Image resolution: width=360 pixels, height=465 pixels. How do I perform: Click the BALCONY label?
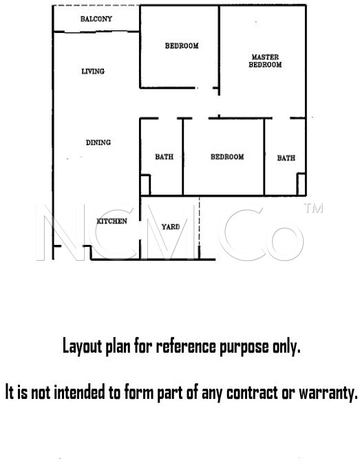(x=96, y=19)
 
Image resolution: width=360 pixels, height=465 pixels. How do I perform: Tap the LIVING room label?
(x=93, y=71)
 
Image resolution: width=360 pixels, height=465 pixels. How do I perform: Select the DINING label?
(x=98, y=142)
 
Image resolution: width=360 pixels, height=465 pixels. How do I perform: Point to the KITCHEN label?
(x=112, y=221)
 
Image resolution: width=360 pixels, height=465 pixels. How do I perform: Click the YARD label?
(x=171, y=227)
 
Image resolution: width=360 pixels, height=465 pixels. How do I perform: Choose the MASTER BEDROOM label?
(x=265, y=61)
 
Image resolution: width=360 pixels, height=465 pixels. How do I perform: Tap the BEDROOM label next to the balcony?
(x=182, y=45)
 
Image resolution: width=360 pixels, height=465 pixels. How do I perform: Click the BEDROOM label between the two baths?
(x=227, y=157)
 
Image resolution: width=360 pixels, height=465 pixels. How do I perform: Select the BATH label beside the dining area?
(x=164, y=157)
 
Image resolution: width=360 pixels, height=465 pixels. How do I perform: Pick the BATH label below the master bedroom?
(x=286, y=158)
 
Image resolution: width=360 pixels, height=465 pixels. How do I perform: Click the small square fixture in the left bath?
(x=145, y=185)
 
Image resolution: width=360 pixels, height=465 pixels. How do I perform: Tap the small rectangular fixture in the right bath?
(x=301, y=184)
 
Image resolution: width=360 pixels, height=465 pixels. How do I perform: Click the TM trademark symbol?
(x=313, y=208)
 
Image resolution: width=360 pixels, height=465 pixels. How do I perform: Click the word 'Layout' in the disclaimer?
(x=82, y=347)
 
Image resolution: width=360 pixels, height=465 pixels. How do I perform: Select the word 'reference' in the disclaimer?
(x=186, y=347)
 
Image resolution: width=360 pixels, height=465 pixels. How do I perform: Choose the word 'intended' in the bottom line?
(x=80, y=392)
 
